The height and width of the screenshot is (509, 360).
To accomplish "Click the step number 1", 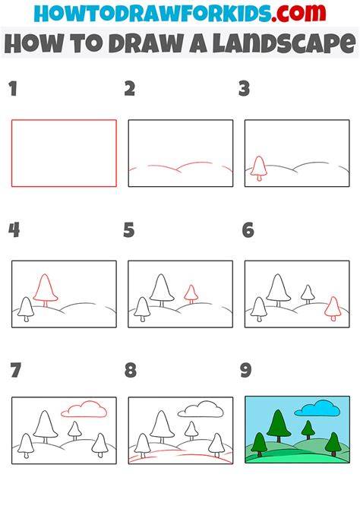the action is point(13,89).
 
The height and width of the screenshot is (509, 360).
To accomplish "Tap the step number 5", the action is point(129,230).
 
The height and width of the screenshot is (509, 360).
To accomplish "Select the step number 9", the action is point(246,370).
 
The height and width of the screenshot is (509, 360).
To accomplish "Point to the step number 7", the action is point(16,370).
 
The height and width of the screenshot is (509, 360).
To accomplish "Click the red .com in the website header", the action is point(299,14).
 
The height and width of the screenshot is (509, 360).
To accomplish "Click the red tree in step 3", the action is point(259,168).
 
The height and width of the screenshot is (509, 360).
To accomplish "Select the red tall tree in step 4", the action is point(45,290).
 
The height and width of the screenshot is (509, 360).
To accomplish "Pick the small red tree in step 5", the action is point(191,294).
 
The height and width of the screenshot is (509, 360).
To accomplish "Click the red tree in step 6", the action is point(333,308).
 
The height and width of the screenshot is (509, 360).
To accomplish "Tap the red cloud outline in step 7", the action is point(84,409).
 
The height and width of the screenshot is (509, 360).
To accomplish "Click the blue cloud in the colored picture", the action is point(317,408).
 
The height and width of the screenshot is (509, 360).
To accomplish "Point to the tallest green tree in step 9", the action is point(278,425).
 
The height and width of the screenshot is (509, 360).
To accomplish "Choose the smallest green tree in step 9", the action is point(308,429).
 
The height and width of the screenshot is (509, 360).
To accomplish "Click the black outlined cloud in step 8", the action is point(201,409).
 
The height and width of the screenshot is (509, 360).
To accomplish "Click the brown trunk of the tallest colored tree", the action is point(279,439).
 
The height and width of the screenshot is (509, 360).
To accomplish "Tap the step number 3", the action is point(244,89).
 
